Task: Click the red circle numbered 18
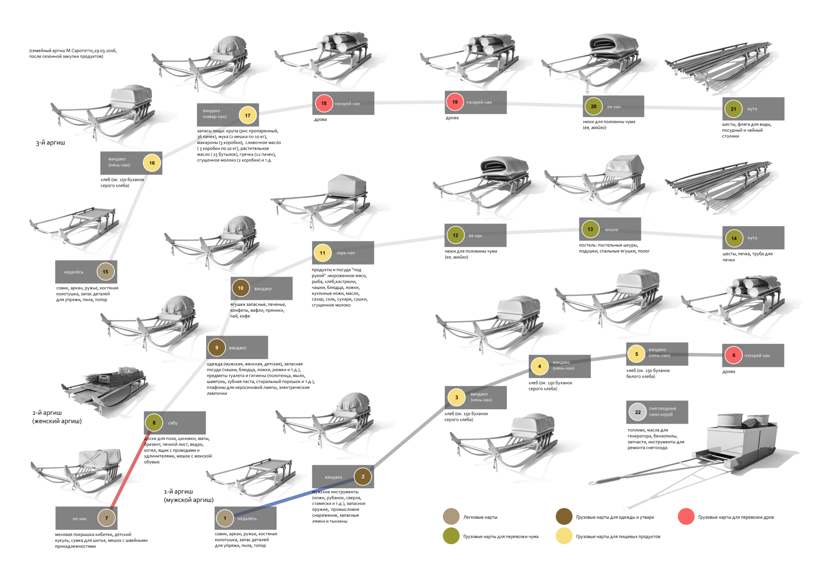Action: pos(324,103)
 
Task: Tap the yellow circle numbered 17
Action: pos(248,115)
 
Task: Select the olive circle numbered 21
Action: pos(733,109)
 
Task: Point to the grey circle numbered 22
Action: pos(638,412)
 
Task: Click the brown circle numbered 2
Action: pos(363,476)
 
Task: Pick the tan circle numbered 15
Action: pos(106,272)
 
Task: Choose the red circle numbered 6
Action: pos(734,355)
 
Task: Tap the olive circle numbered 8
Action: pos(154,422)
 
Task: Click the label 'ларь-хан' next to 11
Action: pos(346,253)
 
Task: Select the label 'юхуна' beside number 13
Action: pos(611,229)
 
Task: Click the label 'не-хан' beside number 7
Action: pos(79,518)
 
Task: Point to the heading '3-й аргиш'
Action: pos(50,143)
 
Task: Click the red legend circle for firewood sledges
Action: pos(686,517)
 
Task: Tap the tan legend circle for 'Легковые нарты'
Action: pos(451,517)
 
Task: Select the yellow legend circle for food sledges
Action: pos(564,536)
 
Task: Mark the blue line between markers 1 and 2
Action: pos(293,498)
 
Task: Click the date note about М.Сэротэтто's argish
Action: pos(72,53)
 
